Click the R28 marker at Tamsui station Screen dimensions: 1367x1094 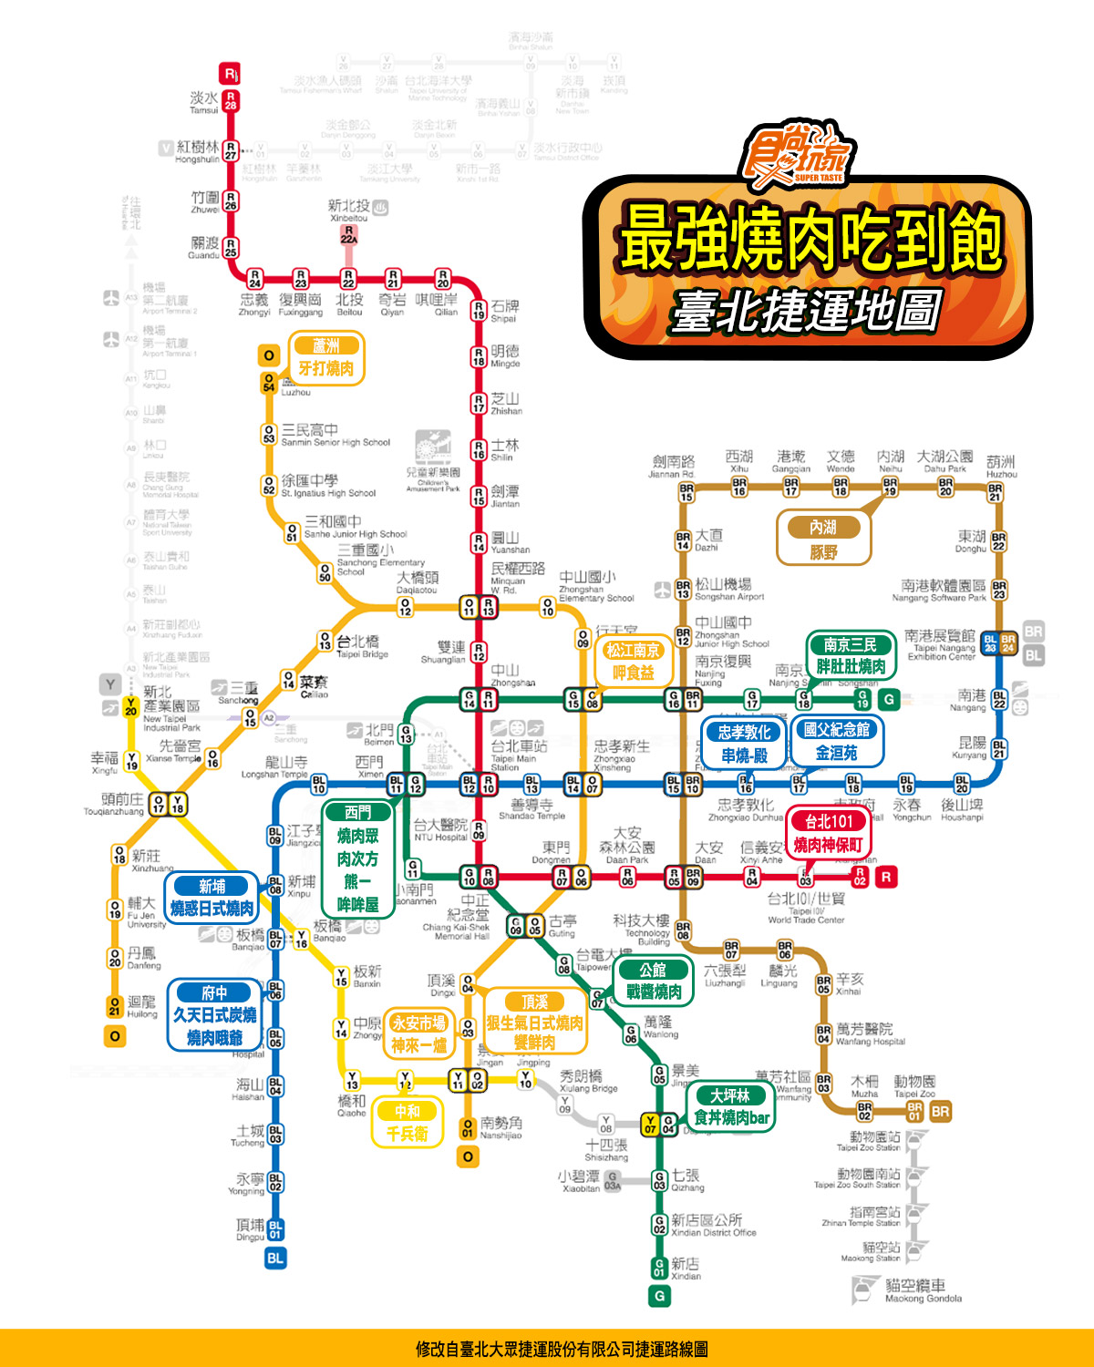pos(231,100)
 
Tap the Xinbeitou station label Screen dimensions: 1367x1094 pos(348,211)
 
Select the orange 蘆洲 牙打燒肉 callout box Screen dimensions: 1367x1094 pos(326,358)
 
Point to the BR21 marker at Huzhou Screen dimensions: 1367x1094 pos(996,492)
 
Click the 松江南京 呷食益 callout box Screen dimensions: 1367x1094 pos(634,662)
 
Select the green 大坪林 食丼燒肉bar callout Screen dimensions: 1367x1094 pos(731,1107)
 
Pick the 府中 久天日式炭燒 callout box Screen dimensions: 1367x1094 pos(215,1015)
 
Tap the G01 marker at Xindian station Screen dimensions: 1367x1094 pos(659,1268)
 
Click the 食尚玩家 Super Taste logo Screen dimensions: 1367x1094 pos(796,152)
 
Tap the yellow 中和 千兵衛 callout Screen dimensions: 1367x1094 pos(407,1123)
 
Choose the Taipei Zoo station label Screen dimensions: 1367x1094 pos(913,1086)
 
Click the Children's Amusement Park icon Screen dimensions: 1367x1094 pos(433,447)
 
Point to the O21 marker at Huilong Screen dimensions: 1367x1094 pos(115,1006)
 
